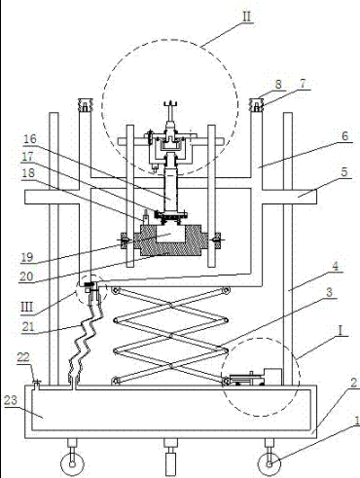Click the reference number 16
click(30, 139)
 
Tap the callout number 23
click(11, 400)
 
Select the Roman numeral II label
click(247, 17)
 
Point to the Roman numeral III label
click(27, 307)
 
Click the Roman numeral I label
click(340, 331)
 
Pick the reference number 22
click(23, 357)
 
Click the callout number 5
click(344, 171)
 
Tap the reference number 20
click(26, 276)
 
